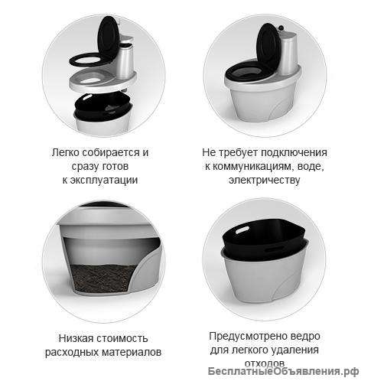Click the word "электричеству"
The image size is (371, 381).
pos(266,181)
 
